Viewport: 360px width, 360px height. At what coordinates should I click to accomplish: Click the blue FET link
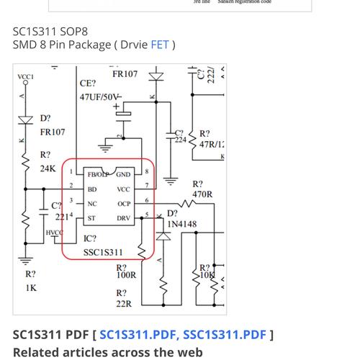point(160,45)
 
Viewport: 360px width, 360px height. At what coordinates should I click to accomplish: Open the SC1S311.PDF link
point(138,334)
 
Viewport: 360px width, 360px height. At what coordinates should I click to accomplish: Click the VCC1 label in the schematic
point(25,76)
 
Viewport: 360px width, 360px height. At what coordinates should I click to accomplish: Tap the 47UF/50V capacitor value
point(100,96)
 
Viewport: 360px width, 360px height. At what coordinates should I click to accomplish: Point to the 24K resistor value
point(48,168)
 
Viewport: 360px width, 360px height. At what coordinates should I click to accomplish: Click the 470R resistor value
point(202,194)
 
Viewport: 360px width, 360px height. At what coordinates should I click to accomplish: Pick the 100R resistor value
point(126,276)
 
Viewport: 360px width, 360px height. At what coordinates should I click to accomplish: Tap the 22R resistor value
point(124,304)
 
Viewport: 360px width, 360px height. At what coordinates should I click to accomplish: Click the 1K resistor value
point(31,287)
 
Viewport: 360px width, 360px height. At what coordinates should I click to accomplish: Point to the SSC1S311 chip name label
point(103,253)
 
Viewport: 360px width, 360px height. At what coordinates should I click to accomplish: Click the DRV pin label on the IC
point(124,218)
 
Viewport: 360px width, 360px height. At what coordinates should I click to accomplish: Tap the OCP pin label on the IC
point(124,204)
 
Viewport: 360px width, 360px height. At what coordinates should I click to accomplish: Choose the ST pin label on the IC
point(91,218)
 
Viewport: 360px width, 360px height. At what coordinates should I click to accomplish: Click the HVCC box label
point(54,233)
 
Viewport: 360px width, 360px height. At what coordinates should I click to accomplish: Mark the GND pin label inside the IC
point(123,174)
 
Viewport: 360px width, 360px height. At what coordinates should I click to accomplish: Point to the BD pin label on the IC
point(92,189)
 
